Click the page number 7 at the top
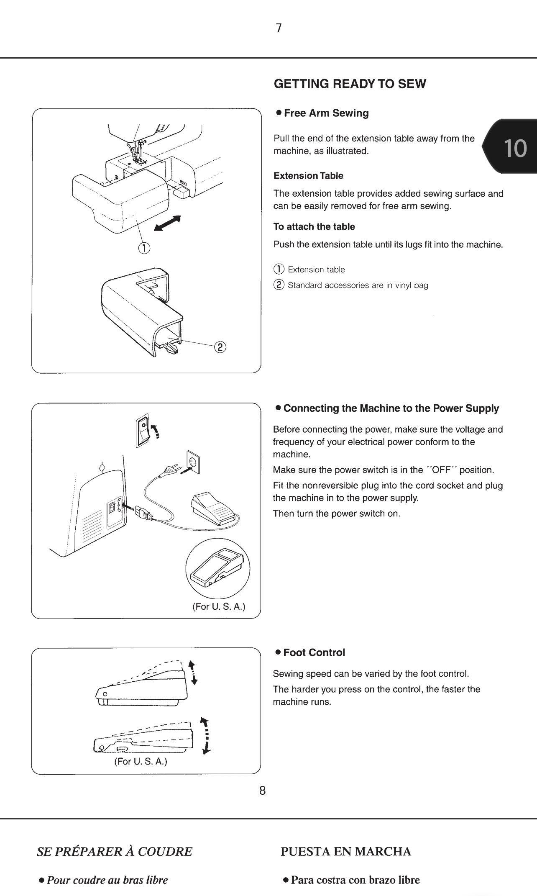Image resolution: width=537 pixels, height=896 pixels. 279,28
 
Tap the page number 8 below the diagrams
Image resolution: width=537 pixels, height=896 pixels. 263,791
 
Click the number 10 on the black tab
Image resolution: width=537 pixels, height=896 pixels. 515,148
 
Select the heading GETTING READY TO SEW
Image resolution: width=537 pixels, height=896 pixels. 350,84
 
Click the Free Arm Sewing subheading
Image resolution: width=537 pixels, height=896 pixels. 326,113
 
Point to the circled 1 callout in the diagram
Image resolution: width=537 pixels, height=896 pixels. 143,248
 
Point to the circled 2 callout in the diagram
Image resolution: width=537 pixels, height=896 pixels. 220,347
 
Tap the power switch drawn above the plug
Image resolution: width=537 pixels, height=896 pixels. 143,430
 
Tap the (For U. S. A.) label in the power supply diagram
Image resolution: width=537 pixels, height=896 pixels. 219,606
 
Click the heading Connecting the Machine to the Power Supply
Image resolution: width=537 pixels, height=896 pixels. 391,408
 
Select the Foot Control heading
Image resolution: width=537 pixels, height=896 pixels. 314,652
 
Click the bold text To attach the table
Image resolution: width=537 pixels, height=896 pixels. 314,227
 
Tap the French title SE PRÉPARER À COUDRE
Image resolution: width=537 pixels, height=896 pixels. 115,852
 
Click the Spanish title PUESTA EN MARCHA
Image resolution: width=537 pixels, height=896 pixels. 346,852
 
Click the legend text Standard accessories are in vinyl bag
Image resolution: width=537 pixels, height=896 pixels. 358,285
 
